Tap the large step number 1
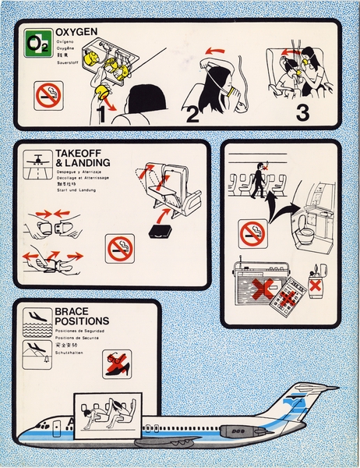click(x=103, y=114)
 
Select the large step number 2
click(x=193, y=114)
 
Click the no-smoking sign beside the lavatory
click(x=253, y=232)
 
